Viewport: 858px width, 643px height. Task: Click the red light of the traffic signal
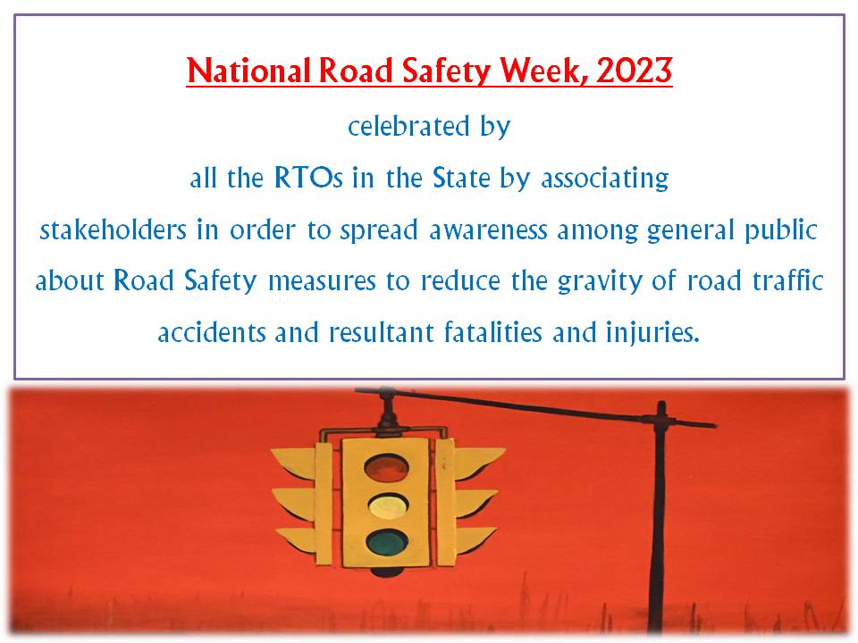click(384, 467)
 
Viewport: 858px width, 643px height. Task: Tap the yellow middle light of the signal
click(384, 505)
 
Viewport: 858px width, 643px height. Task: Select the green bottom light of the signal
click(384, 542)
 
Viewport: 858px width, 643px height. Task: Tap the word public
click(780, 230)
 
